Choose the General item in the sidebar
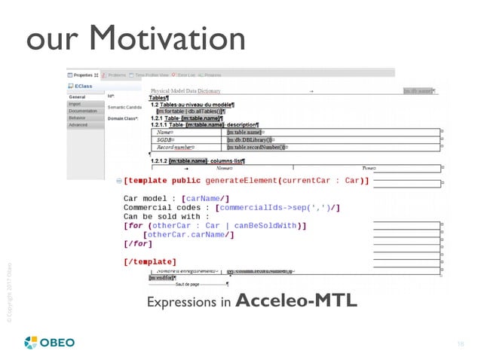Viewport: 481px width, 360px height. tap(78, 97)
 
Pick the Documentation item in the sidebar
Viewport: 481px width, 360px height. tap(84, 111)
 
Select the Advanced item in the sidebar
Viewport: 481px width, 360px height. tap(79, 125)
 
